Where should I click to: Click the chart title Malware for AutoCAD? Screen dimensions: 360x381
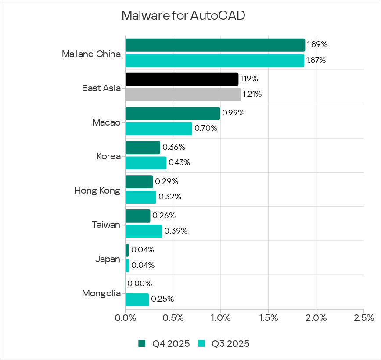point(183,15)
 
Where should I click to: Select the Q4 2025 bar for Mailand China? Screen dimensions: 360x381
point(215,45)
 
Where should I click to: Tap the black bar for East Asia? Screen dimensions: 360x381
point(182,79)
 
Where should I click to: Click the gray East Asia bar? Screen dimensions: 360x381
point(183,94)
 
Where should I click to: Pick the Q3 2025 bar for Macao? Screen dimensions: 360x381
point(159,129)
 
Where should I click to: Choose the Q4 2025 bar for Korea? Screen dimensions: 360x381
point(143,148)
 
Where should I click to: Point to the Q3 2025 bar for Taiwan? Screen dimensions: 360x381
point(144,231)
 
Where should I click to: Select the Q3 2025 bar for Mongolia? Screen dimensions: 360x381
point(137,299)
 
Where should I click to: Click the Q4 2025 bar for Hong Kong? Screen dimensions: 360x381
point(139,182)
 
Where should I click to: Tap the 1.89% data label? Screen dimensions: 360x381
point(317,44)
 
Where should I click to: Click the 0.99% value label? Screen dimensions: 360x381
point(234,113)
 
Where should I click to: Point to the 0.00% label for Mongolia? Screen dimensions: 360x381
point(140,284)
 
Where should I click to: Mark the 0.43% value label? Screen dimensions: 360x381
point(180,163)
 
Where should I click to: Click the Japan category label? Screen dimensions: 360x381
point(108,259)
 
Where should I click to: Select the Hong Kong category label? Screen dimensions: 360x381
point(97,191)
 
